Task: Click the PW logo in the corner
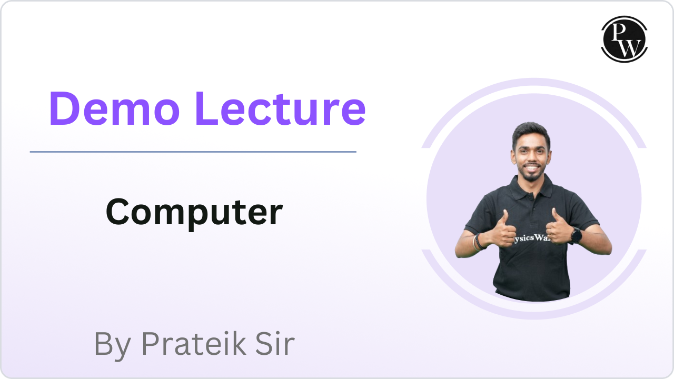tap(624, 39)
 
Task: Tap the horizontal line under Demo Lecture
tap(193, 152)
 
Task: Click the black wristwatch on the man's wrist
tap(576, 235)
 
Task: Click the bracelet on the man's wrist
tap(479, 242)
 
